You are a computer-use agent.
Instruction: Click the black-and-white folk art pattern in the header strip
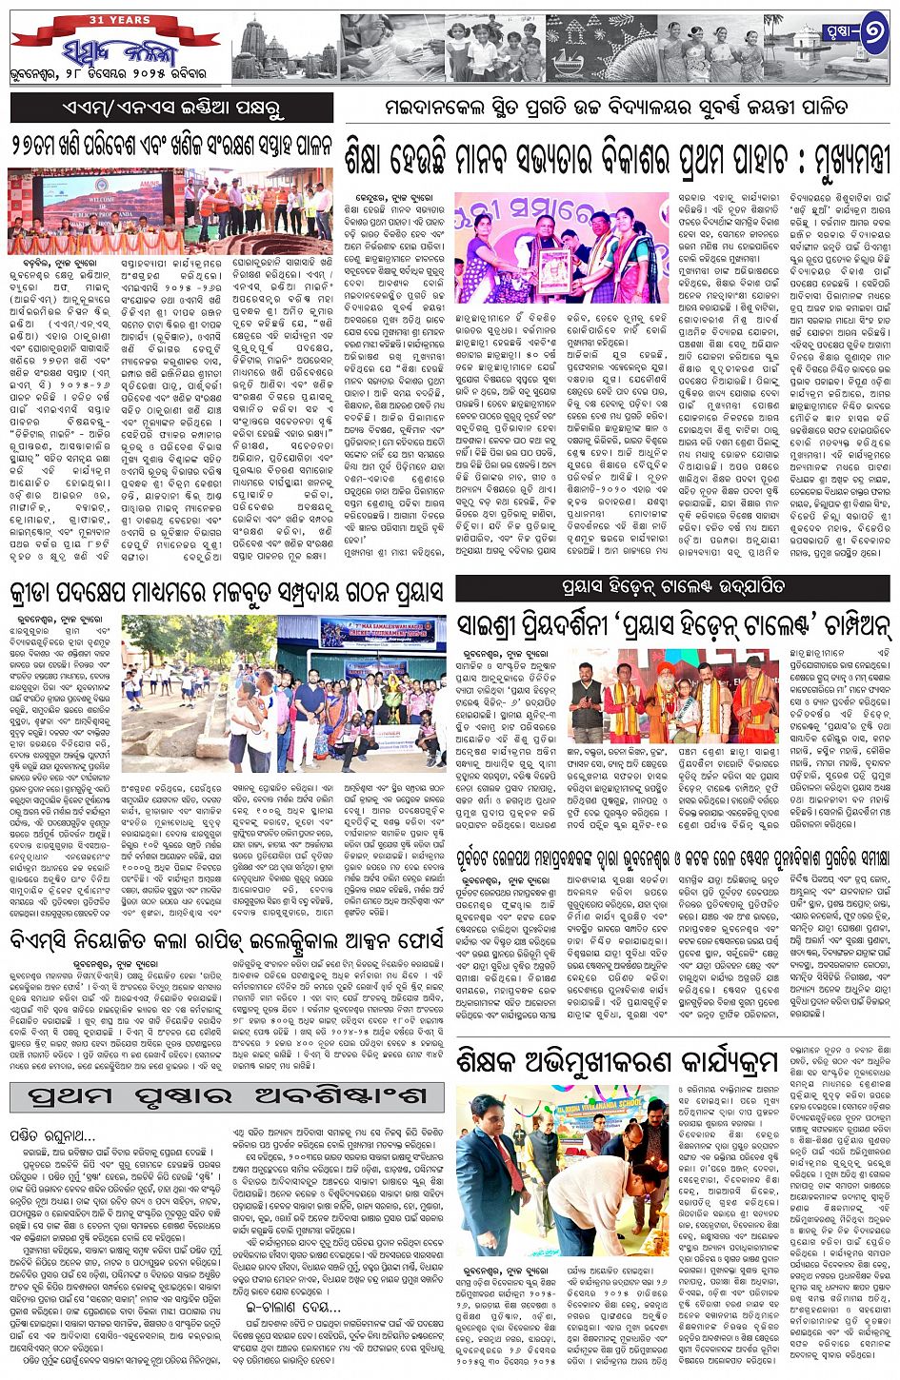point(600,48)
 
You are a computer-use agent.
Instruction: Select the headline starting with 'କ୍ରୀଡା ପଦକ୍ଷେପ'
point(227,593)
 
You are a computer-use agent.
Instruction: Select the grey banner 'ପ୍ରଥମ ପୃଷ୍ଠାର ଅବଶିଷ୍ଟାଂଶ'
point(227,1095)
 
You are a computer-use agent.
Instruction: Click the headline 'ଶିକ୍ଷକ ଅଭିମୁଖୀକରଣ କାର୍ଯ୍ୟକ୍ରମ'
point(616,1062)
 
